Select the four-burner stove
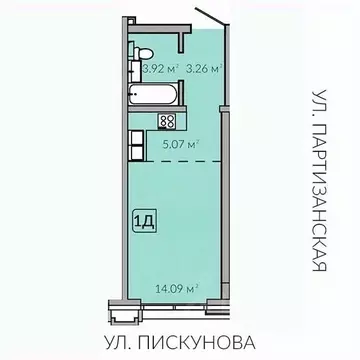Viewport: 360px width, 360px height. click(x=167, y=121)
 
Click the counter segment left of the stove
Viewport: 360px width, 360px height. click(x=145, y=121)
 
